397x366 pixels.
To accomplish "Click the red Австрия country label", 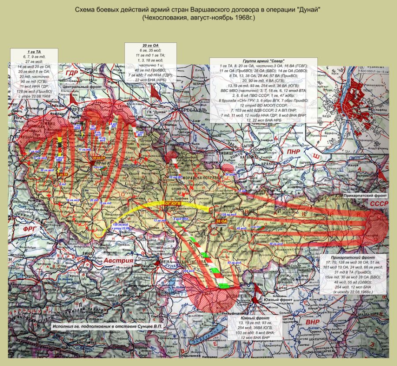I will click(x=119, y=260).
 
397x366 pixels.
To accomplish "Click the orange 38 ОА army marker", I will click(x=221, y=221).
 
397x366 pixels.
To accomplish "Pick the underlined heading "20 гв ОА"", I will click(x=150, y=45).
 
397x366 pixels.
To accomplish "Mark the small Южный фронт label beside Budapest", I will click(x=275, y=300).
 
